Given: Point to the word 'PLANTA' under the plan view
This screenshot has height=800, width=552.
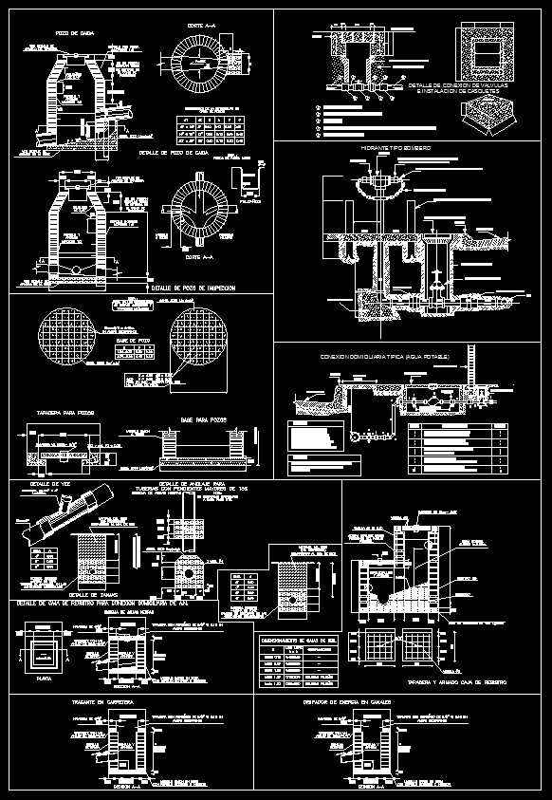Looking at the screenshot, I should (x=38, y=679).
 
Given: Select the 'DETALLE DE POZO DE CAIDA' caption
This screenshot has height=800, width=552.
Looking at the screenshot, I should (x=174, y=152).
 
